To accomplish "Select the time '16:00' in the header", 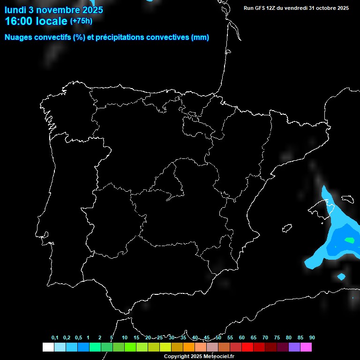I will [x=19, y=21].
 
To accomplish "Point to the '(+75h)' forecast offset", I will [x=81, y=21].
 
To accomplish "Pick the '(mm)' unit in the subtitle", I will [x=200, y=37].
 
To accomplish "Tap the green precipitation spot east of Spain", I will [x=349, y=240].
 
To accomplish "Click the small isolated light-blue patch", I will [x=341, y=276].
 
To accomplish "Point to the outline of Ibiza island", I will [x=287, y=228].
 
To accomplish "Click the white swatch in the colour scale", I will [x=48, y=347].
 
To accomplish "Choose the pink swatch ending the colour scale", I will [x=306, y=347].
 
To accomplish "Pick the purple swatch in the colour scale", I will [x=294, y=347].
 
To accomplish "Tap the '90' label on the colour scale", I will [x=312, y=338].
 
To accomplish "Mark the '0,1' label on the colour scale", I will [x=55, y=338].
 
